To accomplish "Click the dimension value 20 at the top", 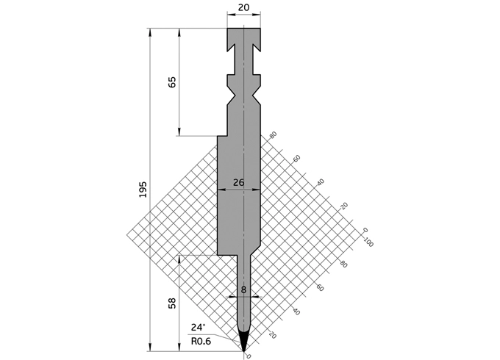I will (x=243, y=8).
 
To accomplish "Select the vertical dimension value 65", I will (x=172, y=82).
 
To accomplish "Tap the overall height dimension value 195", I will (x=143, y=189).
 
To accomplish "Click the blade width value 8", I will (x=243, y=289).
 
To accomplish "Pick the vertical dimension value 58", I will (x=172, y=303).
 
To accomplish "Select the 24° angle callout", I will (x=199, y=328).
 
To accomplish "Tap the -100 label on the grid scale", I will (x=368, y=242).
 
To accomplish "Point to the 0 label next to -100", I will (x=365, y=231).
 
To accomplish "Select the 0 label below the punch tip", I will (x=248, y=356).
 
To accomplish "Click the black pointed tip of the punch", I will (x=243, y=342).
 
